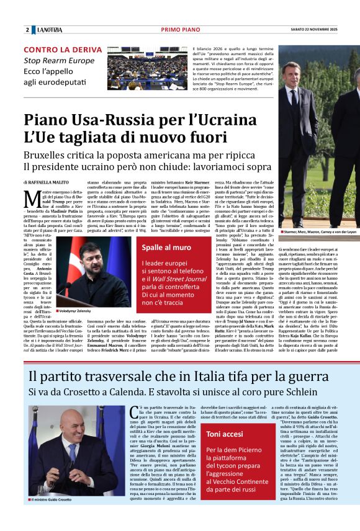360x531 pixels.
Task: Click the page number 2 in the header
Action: click(27, 30)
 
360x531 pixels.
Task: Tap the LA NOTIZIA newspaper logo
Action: click(50, 30)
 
